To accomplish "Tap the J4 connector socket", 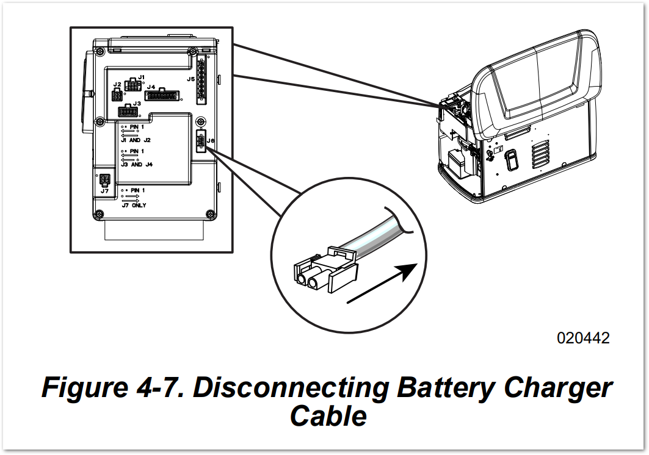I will pos(162,95).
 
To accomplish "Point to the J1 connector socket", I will pos(132,85).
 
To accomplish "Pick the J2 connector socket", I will pos(117,95).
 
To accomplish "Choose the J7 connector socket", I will pos(104,181).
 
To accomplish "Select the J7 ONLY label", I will pos(134,206).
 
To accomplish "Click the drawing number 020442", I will pos(583,338).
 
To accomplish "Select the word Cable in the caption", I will pos(328,416).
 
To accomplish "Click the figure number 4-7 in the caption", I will pos(162,388).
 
